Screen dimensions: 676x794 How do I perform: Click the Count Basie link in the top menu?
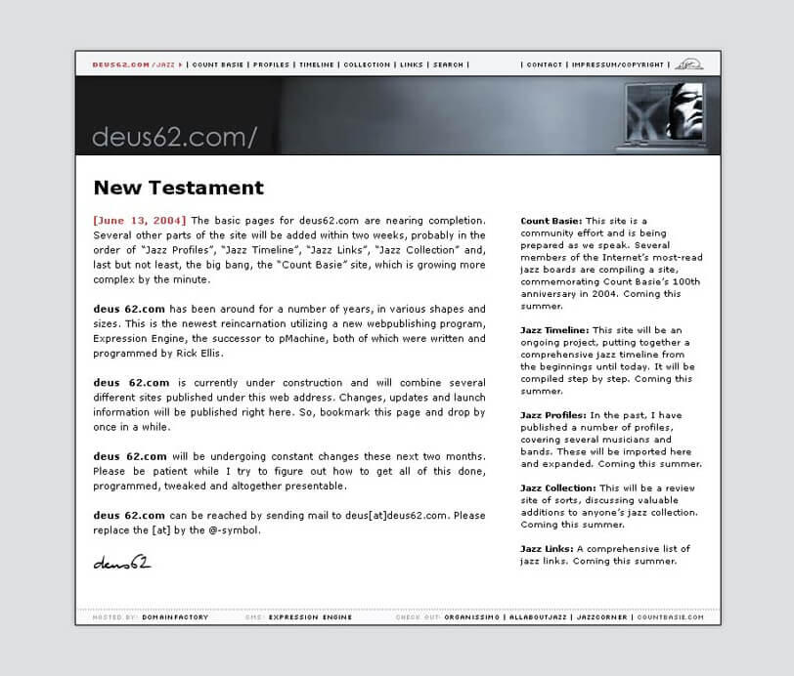tap(217, 64)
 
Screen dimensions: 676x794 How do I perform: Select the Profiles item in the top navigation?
tap(271, 64)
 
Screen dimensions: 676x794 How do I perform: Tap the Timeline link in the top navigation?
tap(317, 64)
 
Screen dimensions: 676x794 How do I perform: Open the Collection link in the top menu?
tap(367, 64)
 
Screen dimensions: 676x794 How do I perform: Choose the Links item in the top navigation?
tap(412, 64)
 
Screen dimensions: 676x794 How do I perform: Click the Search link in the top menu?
tap(448, 64)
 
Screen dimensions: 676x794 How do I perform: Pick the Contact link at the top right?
tap(544, 64)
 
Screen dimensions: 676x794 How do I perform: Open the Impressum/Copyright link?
tap(618, 64)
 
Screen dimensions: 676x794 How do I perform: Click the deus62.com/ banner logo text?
tap(174, 137)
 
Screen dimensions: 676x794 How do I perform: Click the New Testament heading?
tap(179, 188)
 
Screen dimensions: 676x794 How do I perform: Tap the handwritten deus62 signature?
tap(122, 562)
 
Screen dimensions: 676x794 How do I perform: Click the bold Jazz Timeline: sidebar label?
tap(554, 330)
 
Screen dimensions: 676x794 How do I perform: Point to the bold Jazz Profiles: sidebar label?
tap(553, 415)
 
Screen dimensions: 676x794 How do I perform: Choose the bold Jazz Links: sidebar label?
tap(547, 549)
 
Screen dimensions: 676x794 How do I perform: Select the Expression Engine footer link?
tap(310, 617)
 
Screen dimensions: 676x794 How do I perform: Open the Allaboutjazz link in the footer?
tap(538, 617)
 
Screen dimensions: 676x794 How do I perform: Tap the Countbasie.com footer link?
tap(670, 617)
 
